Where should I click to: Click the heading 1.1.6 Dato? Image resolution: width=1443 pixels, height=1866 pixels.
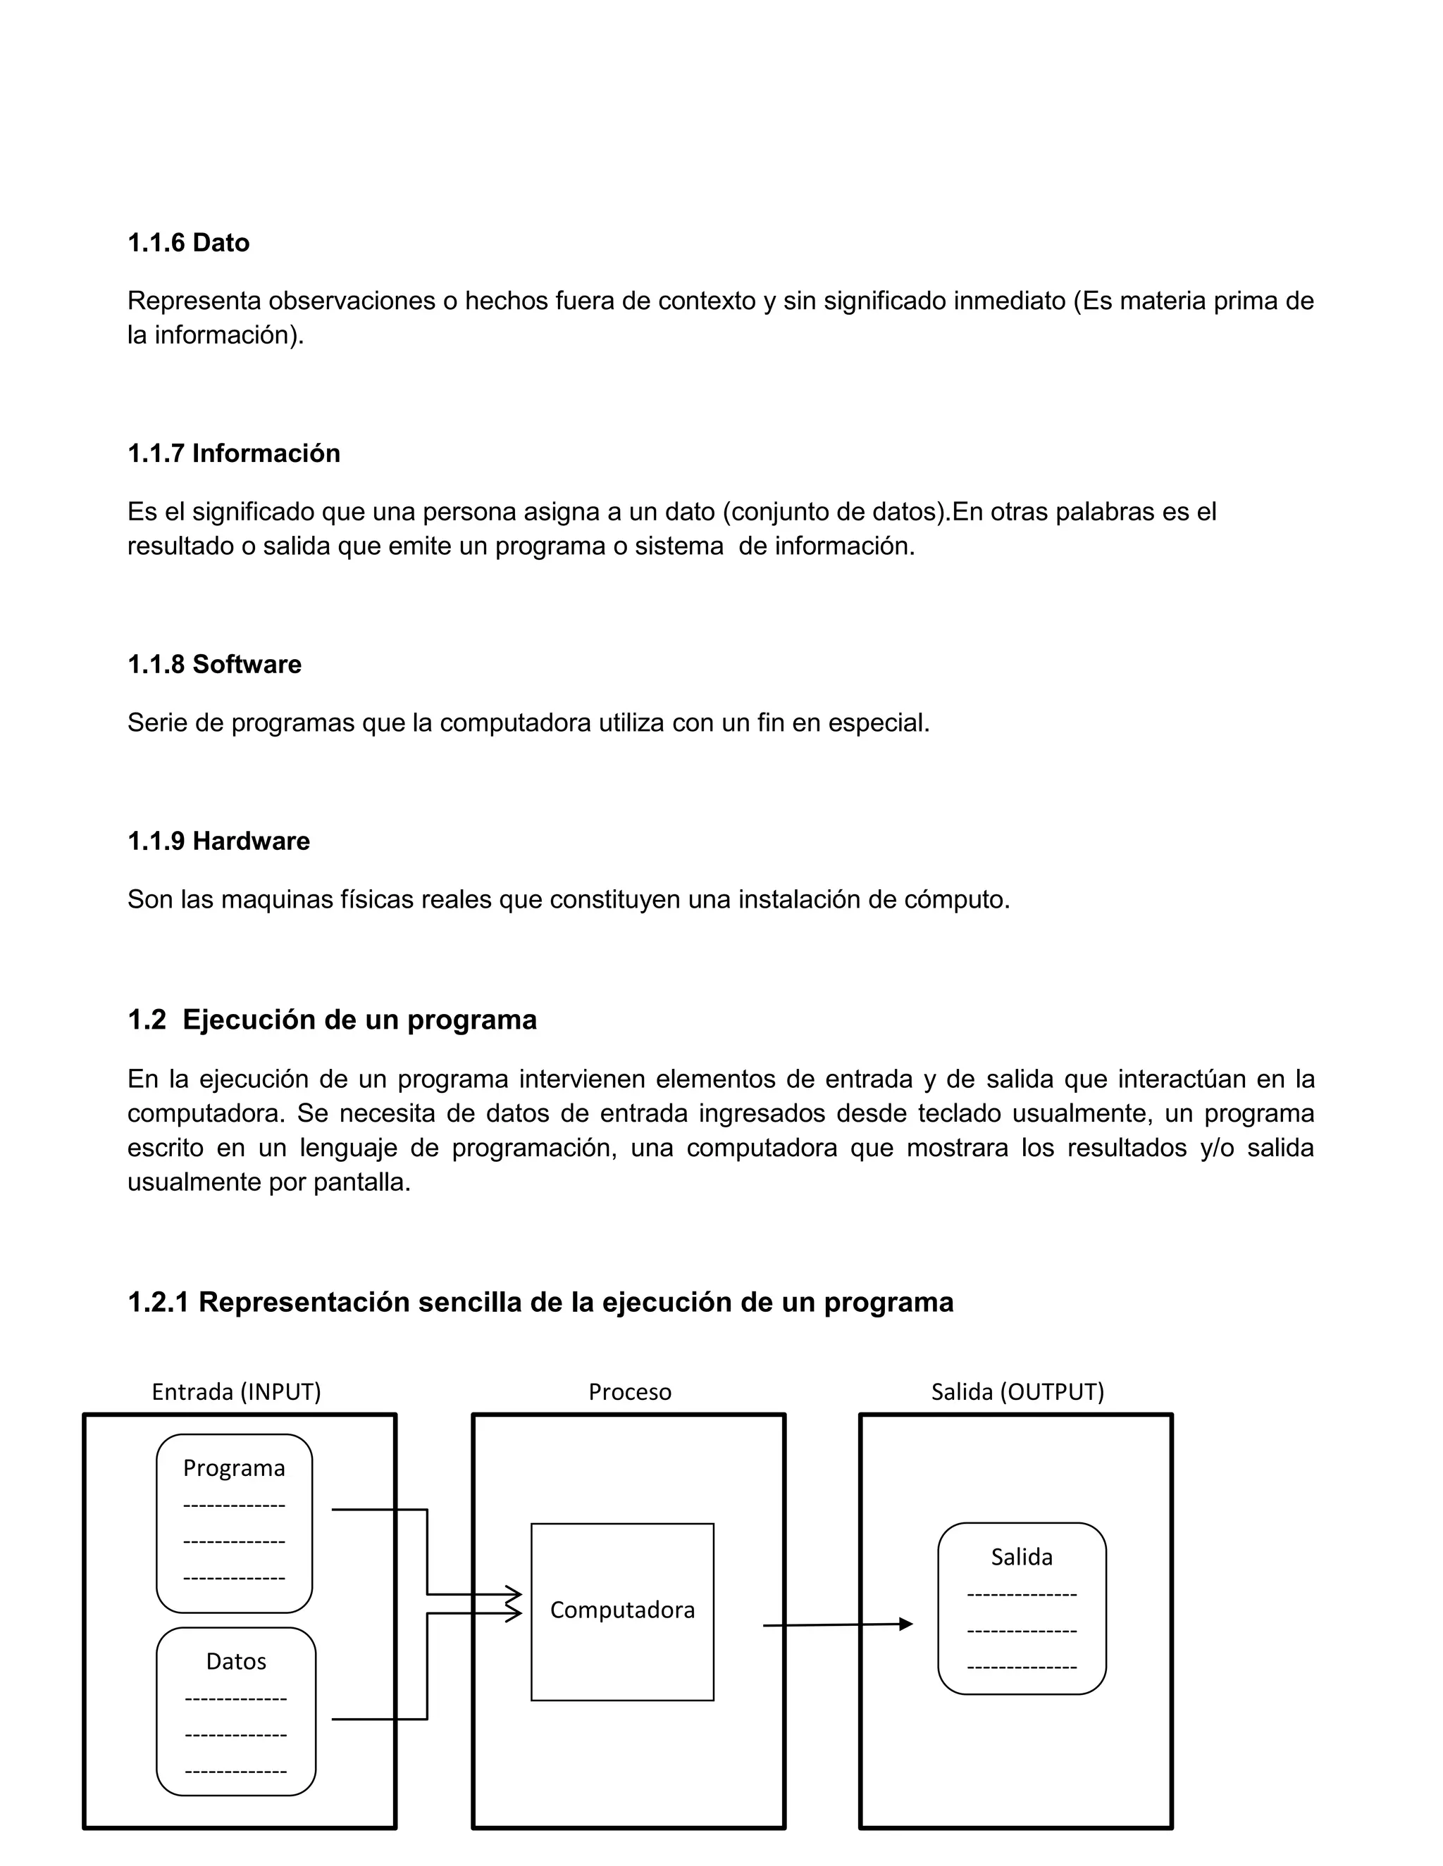point(188,243)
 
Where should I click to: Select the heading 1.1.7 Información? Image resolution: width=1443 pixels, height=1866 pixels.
point(233,453)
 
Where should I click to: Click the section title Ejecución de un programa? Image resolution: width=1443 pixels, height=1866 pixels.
point(359,1020)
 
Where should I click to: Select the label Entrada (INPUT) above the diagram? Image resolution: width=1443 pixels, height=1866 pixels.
point(236,1392)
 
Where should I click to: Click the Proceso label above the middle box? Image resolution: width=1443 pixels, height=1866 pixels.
point(629,1392)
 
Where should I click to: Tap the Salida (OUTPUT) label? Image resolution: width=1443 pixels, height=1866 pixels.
point(1017,1392)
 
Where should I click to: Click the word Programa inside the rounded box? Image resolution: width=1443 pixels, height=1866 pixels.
point(233,1468)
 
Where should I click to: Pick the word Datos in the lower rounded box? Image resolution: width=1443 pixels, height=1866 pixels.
point(236,1661)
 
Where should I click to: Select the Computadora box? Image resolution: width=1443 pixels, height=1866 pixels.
point(621,1610)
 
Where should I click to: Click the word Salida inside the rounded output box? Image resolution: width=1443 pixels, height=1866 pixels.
point(1021,1557)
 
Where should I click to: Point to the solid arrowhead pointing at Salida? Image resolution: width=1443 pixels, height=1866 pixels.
point(906,1624)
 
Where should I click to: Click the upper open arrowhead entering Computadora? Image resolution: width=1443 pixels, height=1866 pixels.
point(514,1594)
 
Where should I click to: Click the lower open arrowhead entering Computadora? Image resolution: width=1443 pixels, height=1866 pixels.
point(514,1613)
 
